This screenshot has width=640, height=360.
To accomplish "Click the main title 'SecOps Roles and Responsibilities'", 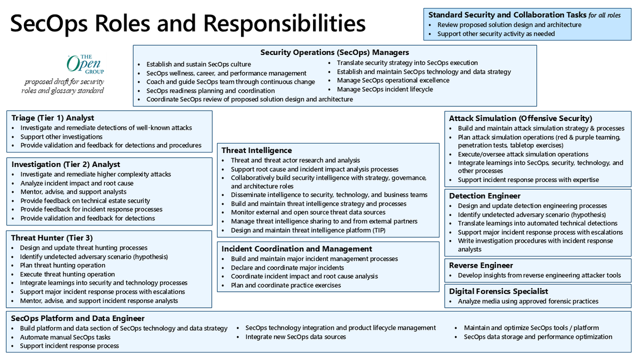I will [x=188, y=24].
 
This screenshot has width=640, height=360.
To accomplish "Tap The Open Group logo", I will [x=85, y=64].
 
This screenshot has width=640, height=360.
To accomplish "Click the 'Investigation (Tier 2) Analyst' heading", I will [x=66, y=164].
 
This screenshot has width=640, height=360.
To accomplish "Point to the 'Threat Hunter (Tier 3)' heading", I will [x=52, y=238].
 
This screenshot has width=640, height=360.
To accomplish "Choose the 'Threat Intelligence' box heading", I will [x=257, y=150].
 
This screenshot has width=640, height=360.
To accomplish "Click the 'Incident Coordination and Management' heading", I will [x=297, y=249].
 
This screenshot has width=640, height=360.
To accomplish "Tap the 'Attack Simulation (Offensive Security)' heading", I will [x=520, y=118].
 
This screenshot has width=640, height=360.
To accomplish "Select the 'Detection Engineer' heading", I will [x=484, y=196].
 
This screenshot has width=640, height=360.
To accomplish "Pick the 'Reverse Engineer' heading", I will [x=481, y=265].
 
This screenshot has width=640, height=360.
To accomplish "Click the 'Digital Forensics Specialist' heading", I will [x=498, y=291].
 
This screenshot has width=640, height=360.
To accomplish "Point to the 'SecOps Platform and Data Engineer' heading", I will [x=77, y=318].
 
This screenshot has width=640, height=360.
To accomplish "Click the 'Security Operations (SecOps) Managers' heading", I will [x=334, y=52].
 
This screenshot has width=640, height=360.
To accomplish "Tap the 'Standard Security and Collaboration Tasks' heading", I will [x=507, y=15].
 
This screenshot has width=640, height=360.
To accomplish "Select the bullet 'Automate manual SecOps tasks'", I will [x=65, y=337].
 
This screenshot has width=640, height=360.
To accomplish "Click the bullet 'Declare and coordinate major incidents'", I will [x=287, y=268].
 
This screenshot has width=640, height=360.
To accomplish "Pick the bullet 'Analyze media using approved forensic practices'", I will [x=528, y=301].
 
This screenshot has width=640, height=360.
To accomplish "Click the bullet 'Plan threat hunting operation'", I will [x=62, y=265].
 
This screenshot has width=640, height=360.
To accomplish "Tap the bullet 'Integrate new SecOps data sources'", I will [x=295, y=337].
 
